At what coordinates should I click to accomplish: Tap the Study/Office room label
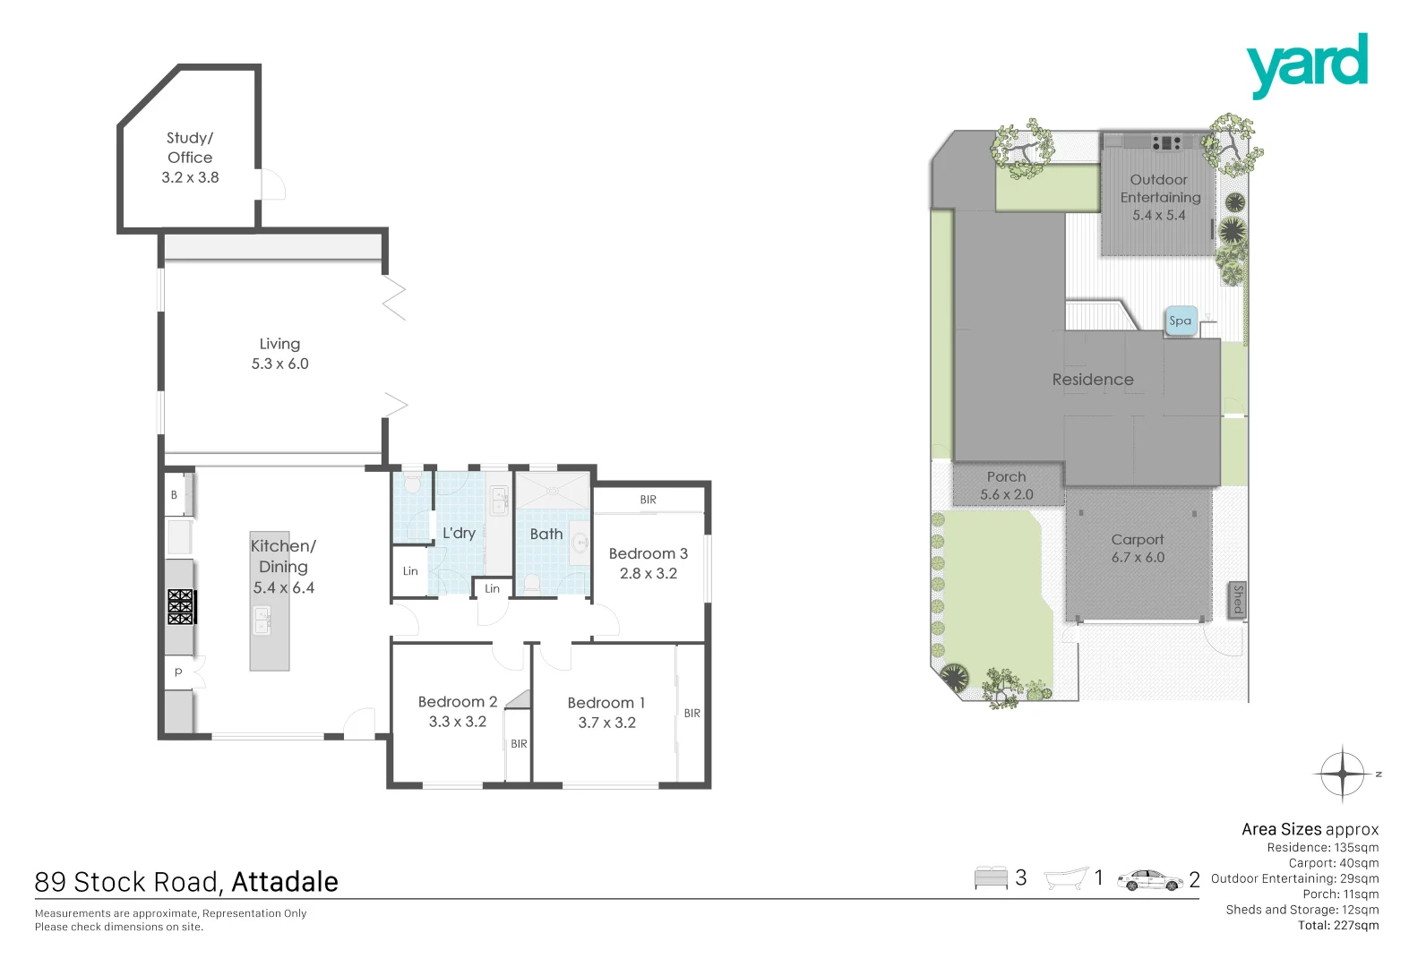[x=190, y=148]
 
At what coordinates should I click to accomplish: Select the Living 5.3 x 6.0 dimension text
[x=279, y=364]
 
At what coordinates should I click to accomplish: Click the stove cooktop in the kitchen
[x=181, y=606]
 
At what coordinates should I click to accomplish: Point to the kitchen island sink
[x=262, y=620]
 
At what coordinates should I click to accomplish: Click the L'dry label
[x=459, y=533]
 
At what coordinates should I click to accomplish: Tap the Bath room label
[x=546, y=535]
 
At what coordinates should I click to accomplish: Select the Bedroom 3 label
[x=648, y=554]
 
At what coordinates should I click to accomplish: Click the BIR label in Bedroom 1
[x=692, y=714]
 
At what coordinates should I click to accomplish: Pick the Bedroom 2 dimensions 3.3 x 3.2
[x=457, y=722]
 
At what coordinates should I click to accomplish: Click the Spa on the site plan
[x=1181, y=321]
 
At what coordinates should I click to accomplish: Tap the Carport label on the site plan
[x=1137, y=540]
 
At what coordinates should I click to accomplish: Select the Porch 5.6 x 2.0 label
[x=1006, y=486]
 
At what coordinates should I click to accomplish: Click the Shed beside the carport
[x=1237, y=599]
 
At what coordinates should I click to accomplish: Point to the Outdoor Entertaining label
[x=1159, y=189]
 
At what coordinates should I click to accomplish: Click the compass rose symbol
[x=1343, y=773]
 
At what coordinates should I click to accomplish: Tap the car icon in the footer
[x=1149, y=880]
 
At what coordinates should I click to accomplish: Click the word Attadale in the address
[x=284, y=882]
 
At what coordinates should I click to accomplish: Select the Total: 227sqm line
[x=1337, y=926]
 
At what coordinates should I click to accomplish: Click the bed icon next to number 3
[x=991, y=878]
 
